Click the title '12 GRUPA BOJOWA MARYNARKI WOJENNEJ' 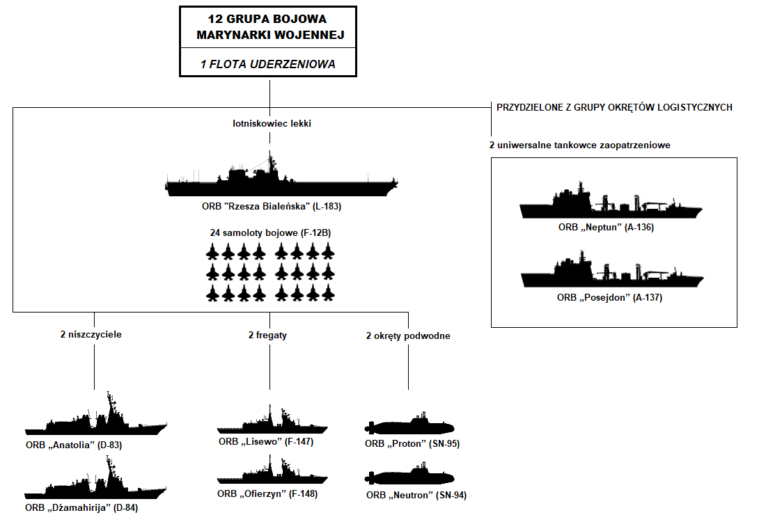tap(267, 26)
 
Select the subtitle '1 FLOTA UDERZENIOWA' tap(267, 63)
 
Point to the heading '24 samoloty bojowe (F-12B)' tap(270, 232)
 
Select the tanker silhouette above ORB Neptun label tap(611, 206)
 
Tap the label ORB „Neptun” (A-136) tap(607, 227)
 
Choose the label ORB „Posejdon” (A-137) tap(609, 297)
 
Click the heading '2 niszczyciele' tap(91, 334)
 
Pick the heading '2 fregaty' tap(267, 335)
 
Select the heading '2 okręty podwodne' tap(408, 335)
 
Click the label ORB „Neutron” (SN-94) tap(416, 496)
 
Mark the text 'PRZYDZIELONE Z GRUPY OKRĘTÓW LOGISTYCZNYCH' tap(614, 108)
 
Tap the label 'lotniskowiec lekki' tap(272, 123)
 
